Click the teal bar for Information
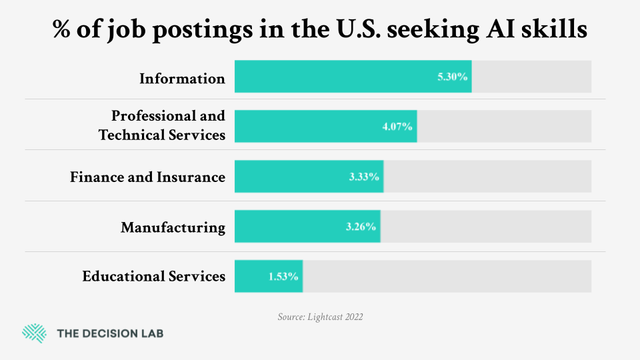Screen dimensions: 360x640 tap(333, 77)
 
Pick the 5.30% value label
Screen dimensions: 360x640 tap(453, 77)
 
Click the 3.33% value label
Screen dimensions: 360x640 tap(364, 177)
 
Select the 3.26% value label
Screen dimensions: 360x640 tap(361, 227)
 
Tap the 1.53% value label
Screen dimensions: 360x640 tap(283, 276)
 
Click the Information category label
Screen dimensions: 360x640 tap(182, 79)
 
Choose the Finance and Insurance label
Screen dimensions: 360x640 tap(147, 177)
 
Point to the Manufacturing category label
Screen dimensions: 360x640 tap(173, 227)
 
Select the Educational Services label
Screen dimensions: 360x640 tap(153, 276)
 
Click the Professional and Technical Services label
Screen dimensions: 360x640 tap(162, 125)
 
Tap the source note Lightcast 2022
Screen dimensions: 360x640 tap(320, 317)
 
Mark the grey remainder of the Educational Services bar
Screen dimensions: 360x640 tap(447, 276)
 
